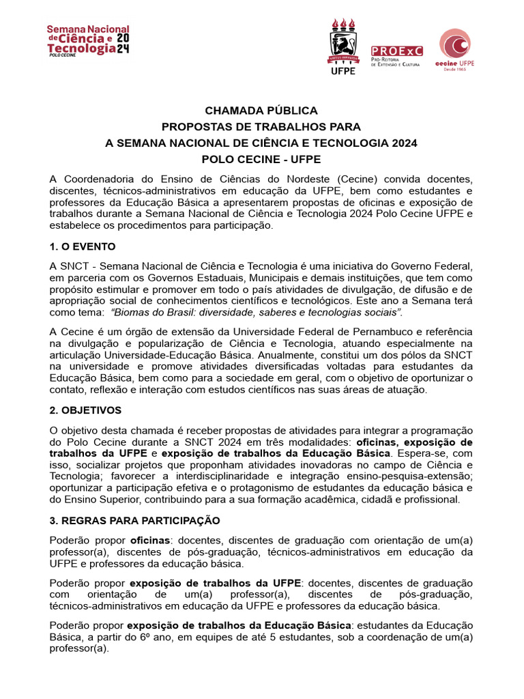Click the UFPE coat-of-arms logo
coord(343,46)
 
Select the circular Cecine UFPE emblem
coord(455,44)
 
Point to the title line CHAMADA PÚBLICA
coord(261,111)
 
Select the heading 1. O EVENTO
coord(83,246)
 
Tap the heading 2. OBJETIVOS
coord(85,410)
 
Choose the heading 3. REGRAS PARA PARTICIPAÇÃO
coord(134,520)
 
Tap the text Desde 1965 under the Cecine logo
coord(455,69)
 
